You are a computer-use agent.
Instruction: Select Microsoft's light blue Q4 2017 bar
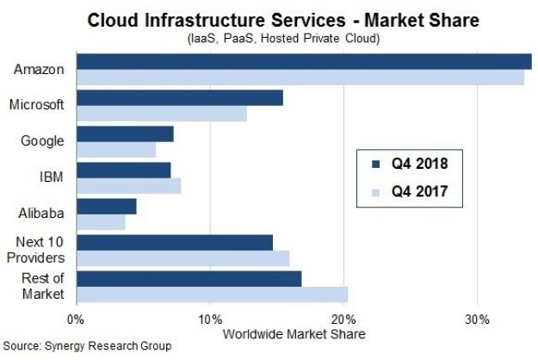click(162, 113)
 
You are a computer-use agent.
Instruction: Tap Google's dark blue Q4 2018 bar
click(126, 134)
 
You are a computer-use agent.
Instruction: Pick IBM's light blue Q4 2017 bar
click(129, 186)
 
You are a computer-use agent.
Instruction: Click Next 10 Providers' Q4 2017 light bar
click(183, 258)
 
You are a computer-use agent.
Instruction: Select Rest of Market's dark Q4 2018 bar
click(189, 279)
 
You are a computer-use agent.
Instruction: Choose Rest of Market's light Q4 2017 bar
click(213, 295)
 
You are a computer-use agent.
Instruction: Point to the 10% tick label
click(210, 319)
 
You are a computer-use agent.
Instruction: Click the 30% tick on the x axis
click(477, 319)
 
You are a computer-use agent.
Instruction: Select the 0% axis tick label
click(77, 319)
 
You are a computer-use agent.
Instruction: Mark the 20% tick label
click(343, 319)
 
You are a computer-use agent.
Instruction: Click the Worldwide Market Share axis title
click(294, 333)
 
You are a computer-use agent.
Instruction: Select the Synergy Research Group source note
click(86, 346)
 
